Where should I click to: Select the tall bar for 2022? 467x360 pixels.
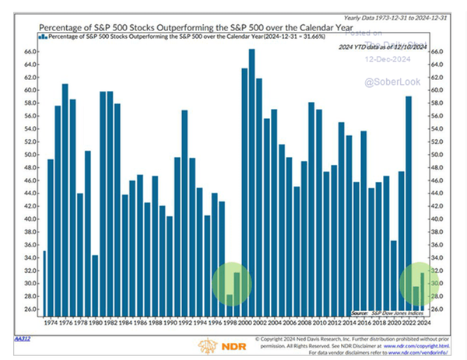point(409,202)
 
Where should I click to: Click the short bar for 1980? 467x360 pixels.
point(95,283)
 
